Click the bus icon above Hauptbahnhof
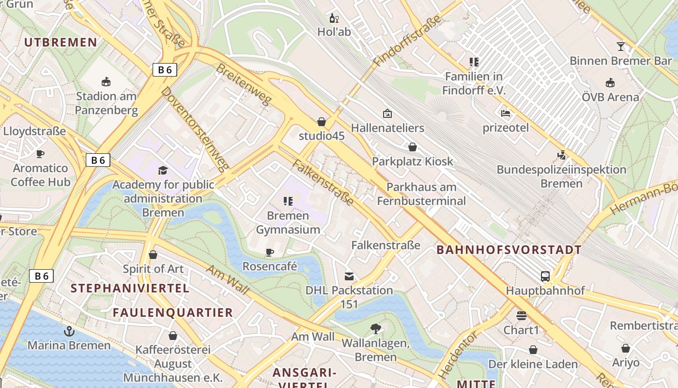[545, 276]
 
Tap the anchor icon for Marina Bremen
[69, 331]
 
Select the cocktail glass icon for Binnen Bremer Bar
[620, 47]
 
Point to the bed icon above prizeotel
[506, 114]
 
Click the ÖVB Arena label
[610, 97]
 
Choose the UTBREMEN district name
[61, 42]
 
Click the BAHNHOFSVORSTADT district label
[508, 250]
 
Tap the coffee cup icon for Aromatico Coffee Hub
[40, 154]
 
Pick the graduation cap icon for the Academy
[163, 170]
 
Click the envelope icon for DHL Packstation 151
[349, 276]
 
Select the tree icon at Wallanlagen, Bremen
[375, 329]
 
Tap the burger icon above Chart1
[521, 316]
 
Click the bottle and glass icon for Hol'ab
[334, 18]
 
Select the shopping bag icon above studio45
[322, 121]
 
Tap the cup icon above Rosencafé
[270, 252]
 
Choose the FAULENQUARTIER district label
[173, 312]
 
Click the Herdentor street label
[453, 356]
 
